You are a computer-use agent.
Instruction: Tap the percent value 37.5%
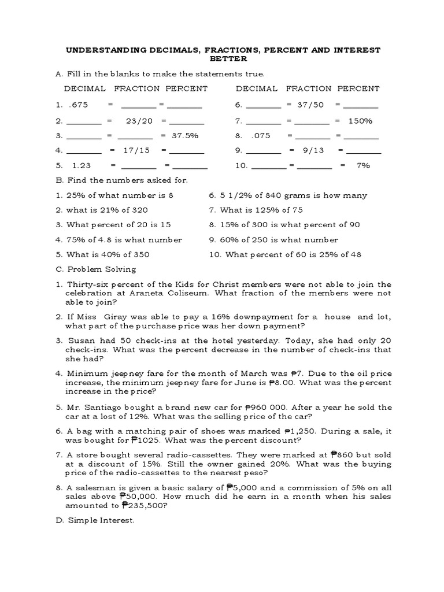point(185,135)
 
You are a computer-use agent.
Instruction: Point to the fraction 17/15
point(136,150)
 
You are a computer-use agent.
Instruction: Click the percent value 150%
point(360,121)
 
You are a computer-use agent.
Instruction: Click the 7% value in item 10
point(363,165)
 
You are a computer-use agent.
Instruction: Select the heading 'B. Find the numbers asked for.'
point(122,180)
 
